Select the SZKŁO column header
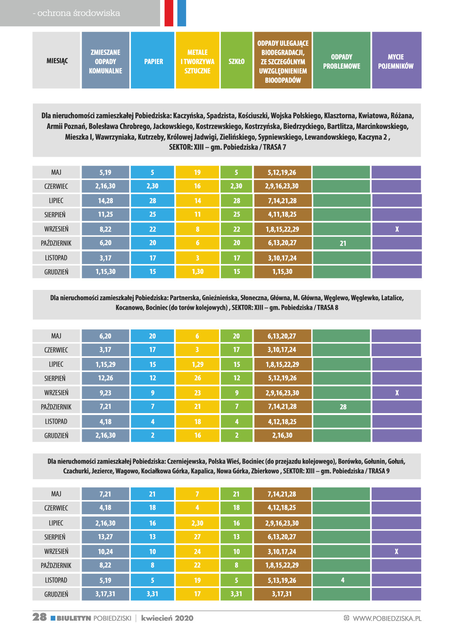tap(237, 61)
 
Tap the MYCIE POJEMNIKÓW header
tap(396, 61)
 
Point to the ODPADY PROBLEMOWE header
tap(341, 61)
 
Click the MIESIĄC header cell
tap(57, 61)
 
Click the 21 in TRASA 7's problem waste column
tap(343, 243)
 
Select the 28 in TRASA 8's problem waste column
tap(343, 407)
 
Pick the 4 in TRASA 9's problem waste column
tap(343, 580)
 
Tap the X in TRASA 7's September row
tap(397, 229)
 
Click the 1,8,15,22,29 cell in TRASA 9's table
tap(282, 565)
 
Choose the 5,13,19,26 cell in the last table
tap(282, 580)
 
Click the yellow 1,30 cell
tap(198, 272)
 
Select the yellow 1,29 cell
tap(198, 364)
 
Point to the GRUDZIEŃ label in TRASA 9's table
tap(56, 594)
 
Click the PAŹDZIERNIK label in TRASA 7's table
tap(56, 243)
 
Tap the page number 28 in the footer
tap(40, 617)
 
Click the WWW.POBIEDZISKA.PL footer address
tap(387, 618)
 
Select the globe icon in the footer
tap(346, 618)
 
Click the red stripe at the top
tap(169, 13)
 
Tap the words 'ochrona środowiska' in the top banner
tap(79, 13)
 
